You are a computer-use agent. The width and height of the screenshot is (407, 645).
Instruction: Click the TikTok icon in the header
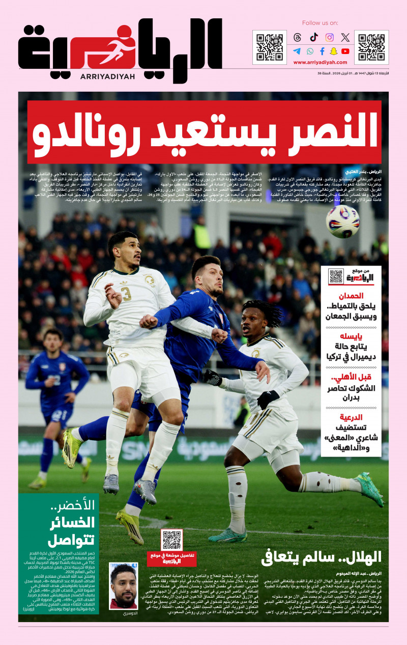coord(313,37)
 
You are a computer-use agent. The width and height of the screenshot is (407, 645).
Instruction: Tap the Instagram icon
coord(330,37)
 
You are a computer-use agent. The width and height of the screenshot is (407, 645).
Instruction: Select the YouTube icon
coord(345,51)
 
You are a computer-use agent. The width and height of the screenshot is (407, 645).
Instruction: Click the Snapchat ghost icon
coord(334,51)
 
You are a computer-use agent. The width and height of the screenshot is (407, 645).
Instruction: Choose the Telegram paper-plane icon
coord(297,51)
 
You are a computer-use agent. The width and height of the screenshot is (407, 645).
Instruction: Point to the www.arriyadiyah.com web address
coord(321,63)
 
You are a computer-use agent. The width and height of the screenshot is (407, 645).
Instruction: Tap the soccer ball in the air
coord(342,221)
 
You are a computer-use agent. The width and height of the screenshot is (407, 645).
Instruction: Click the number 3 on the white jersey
coord(126,294)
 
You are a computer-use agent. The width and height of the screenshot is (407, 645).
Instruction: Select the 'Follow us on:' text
coord(320,23)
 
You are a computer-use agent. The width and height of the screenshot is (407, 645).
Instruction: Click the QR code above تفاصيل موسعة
coord(171,540)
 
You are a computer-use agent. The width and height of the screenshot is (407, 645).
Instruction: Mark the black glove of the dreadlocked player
coord(268,399)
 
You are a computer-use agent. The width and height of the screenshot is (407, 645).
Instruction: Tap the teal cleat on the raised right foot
coord(370,488)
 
